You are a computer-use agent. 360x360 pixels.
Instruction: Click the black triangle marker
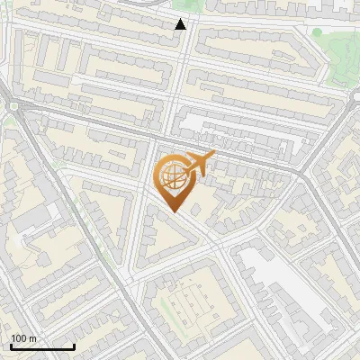(181, 24)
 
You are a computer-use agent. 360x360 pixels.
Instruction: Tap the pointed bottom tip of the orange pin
(175, 212)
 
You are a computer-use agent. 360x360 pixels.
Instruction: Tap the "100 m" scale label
(24, 338)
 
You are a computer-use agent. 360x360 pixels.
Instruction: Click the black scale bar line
(42, 346)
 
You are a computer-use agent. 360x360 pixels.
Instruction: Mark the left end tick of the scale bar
(11, 345)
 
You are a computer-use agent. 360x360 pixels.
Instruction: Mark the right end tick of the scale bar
(74, 345)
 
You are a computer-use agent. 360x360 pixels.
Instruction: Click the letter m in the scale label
(33, 338)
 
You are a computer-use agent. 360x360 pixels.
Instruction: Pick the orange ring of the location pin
(159, 180)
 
